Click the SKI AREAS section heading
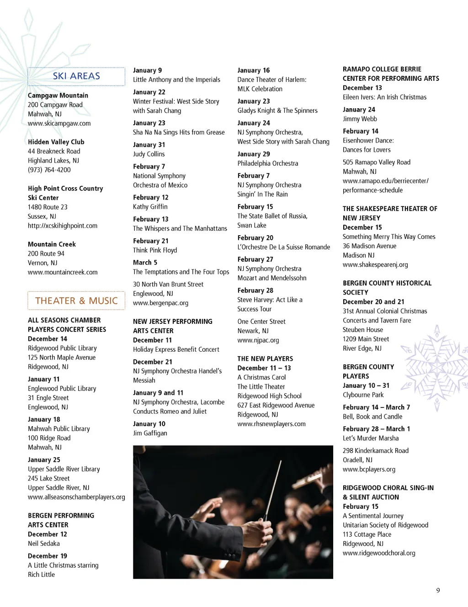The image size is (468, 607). click(76, 76)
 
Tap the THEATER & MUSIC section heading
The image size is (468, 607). click(76, 301)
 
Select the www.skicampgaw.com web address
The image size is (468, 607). click(59, 123)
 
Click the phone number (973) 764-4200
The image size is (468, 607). click(49, 170)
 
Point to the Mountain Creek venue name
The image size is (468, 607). click(52, 244)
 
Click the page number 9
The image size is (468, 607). click(438, 590)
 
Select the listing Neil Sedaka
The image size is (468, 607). click(44, 544)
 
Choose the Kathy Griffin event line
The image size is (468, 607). click(150, 206)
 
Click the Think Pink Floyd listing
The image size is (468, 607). click(155, 250)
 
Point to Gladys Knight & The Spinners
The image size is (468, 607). click(277, 111)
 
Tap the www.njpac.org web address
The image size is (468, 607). click(258, 340)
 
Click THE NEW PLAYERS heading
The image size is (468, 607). click(265, 359)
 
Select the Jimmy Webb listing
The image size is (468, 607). click(360, 119)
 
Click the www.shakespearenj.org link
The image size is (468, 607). click(375, 264)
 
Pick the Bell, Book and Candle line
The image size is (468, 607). click(372, 417)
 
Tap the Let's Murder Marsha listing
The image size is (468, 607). click(371, 438)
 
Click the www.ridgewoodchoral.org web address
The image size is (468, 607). click(379, 553)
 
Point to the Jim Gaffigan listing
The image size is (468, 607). click(150, 433)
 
